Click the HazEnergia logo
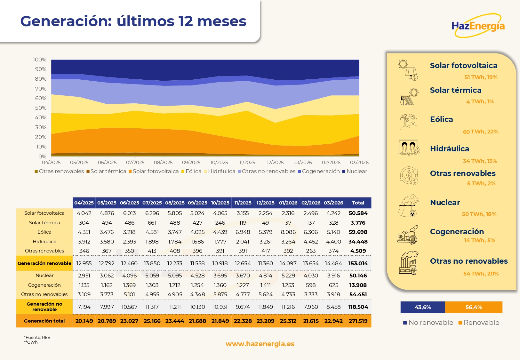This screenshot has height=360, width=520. click(x=478, y=26)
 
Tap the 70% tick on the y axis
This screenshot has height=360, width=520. click(x=41, y=89)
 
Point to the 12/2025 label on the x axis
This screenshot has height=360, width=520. click(x=275, y=163)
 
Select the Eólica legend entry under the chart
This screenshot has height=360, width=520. click(x=191, y=172)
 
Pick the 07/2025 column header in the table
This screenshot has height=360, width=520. click(x=152, y=203)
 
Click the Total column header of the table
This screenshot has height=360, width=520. click(x=358, y=203)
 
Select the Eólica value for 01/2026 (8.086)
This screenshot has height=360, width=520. click(x=288, y=232)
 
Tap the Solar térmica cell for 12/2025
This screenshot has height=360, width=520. click(x=265, y=223)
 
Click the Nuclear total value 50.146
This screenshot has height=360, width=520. click(x=358, y=276)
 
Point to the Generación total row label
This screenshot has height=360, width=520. click(x=44, y=321)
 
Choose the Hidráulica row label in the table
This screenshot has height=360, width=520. click(x=44, y=242)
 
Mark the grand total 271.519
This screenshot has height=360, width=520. click(x=358, y=321)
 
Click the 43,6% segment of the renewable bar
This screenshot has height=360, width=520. click(x=423, y=307)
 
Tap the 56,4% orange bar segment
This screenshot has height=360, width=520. click(x=474, y=307)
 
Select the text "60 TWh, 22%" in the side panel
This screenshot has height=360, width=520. click(x=481, y=132)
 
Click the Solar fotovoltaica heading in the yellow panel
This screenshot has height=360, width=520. click(x=464, y=66)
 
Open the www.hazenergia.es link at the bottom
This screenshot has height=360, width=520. click(x=260, y=344)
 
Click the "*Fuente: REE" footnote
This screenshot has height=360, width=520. click(x=37, y=337)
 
